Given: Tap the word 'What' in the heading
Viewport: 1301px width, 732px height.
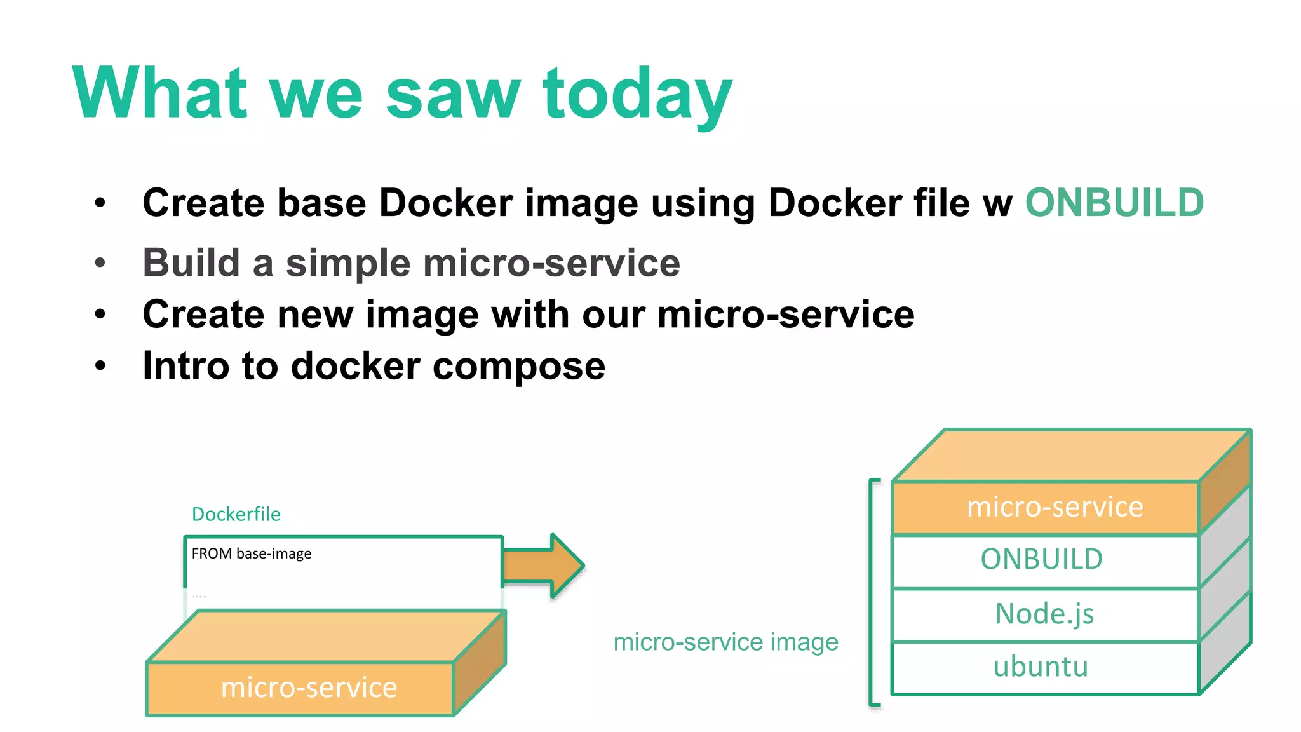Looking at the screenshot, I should click(x=159, y=93).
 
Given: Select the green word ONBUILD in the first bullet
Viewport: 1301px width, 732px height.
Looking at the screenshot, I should click(x=1114, y=203).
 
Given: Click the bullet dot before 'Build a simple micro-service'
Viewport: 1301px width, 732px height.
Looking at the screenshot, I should click(x=100, y=262).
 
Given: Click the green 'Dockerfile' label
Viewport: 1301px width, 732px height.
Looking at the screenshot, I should click(x=236, y=514).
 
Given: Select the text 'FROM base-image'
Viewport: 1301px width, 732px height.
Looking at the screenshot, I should click(x=252, y=553).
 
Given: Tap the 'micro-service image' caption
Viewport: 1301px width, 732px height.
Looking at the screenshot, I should click(x=725, y=642).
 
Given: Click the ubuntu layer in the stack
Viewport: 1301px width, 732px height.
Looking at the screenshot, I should click(x=1042, y=667).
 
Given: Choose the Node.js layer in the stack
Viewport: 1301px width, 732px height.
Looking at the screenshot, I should click(x=1044, y=614).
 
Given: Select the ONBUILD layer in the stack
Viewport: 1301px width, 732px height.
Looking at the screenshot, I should click(x=1042, y=560).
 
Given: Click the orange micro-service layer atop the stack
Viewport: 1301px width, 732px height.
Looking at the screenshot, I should click(x=1055, y=507).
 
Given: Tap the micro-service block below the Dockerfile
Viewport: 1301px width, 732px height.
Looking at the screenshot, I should click(x=309, y=688).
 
